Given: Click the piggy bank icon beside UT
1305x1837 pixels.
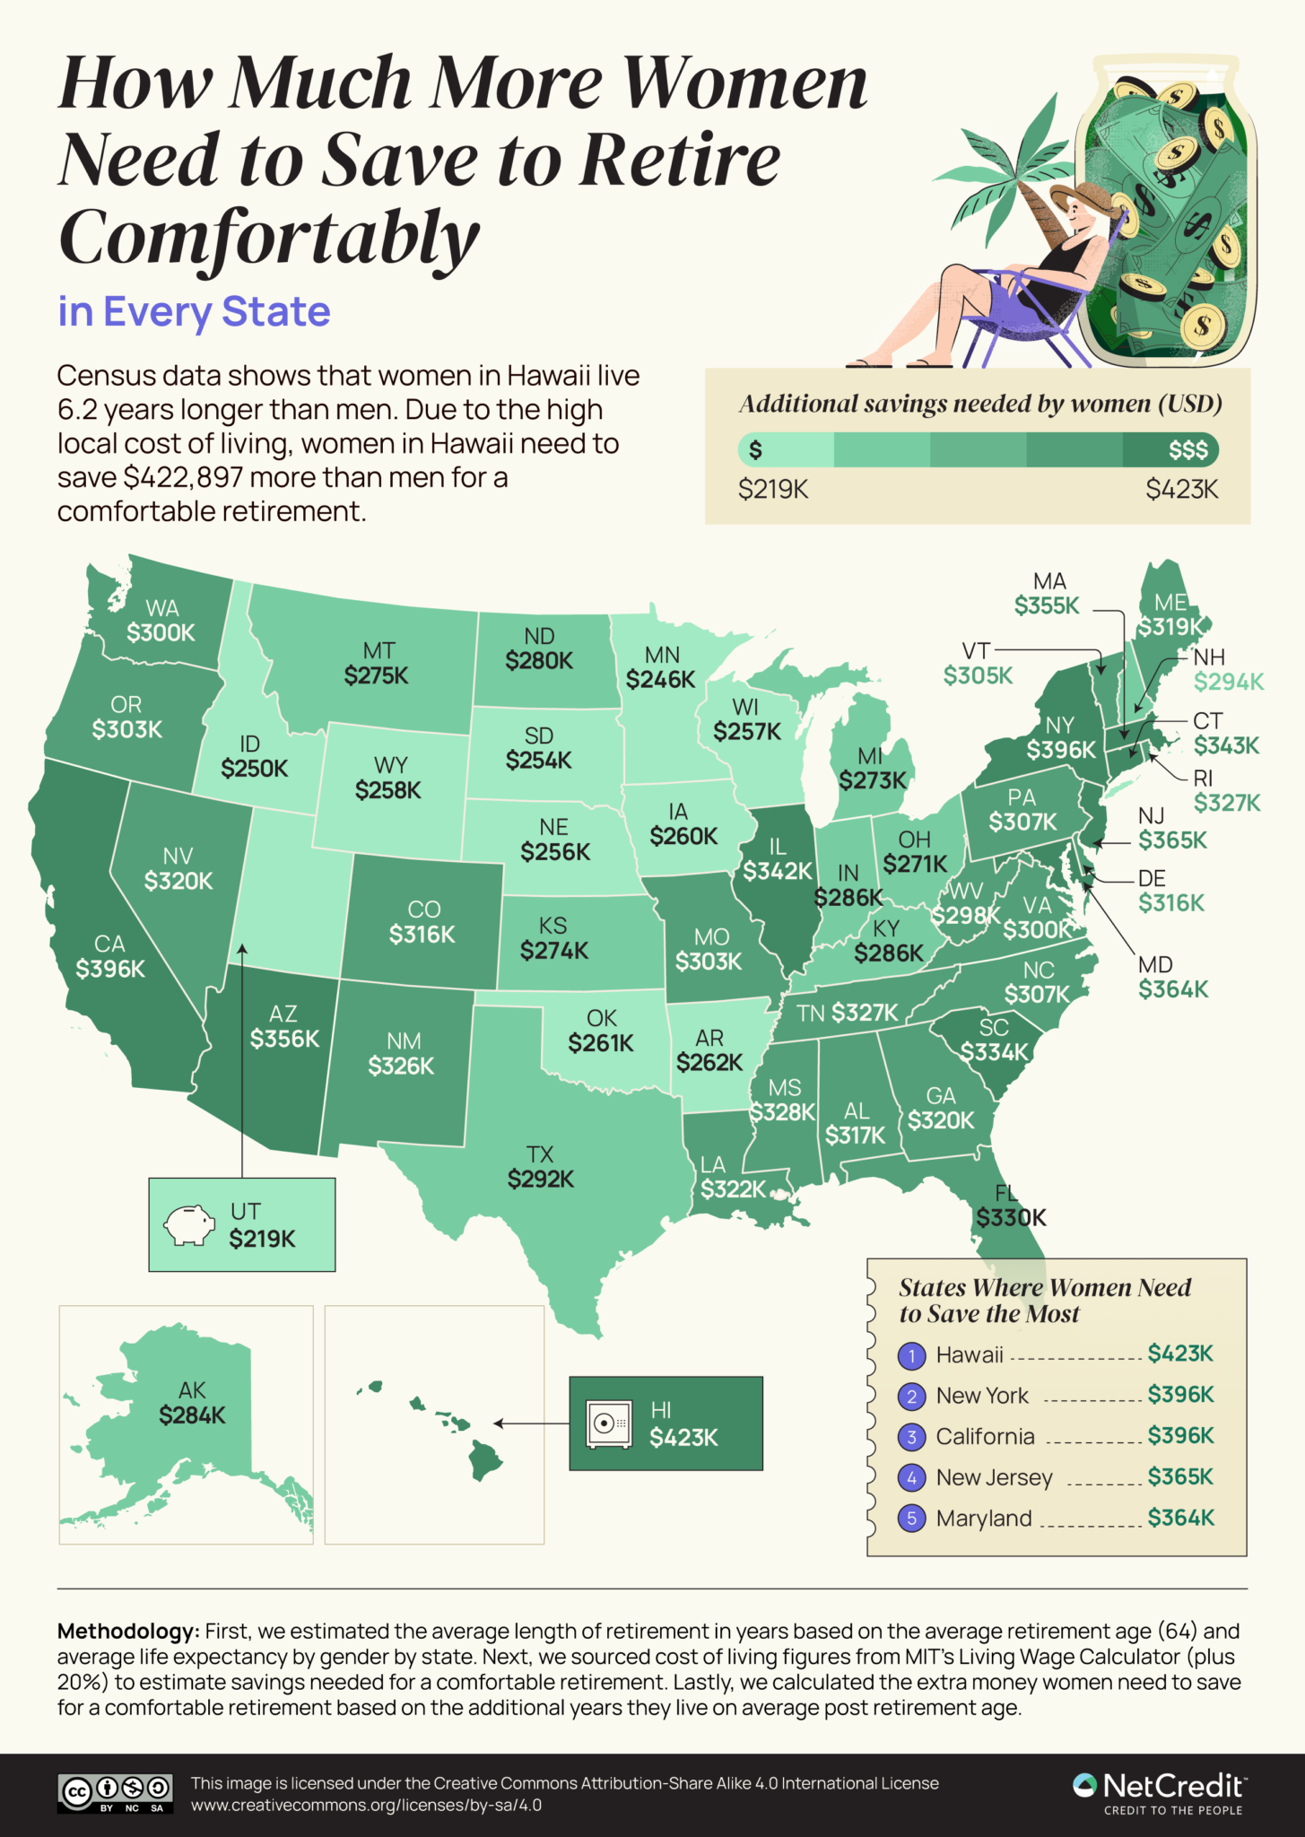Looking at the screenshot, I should [x=189, y=1224].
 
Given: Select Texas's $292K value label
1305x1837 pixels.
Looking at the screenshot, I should [x=540, y=1179].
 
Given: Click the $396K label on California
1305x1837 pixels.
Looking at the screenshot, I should [x=110, y=969].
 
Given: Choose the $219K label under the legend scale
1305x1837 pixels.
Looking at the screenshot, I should [x=773, y=490].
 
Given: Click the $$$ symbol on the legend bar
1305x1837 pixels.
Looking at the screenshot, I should [x=1188, y=450].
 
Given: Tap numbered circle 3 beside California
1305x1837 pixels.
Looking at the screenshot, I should [x=911, y=1437].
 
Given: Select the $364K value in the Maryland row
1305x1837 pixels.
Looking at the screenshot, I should [x=1180, y=1518].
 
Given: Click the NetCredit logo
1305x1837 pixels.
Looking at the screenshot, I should [x=1159, y=1792].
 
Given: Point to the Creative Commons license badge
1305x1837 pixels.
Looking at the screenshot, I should [x=115, y=1792].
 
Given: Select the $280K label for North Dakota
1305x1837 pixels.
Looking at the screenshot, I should [x=538, y=661].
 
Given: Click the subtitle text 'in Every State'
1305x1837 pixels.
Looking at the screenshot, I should [x=194, y=312].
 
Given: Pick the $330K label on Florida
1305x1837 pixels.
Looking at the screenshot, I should [x=1011, y=1217].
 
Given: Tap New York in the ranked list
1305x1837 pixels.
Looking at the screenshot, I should [x=982, y=1396].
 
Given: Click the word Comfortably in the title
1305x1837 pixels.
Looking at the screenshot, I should [x=269, y=238].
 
